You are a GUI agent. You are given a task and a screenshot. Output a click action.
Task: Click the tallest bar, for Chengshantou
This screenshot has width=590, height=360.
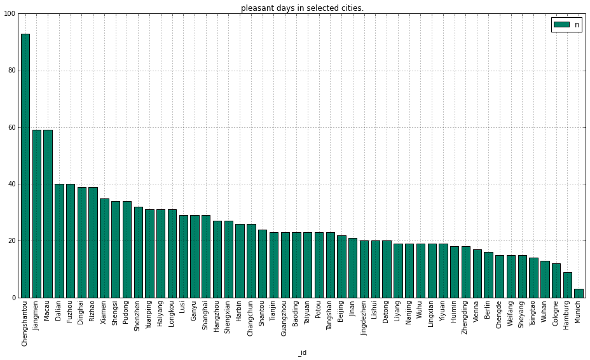point(25,166)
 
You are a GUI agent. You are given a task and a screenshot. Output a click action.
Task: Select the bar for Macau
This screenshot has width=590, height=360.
point(48,214)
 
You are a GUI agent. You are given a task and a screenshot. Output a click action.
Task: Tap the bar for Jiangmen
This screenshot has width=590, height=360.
point(36,214)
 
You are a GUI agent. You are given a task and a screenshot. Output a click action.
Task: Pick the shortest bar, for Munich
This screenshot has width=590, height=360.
point(579,293)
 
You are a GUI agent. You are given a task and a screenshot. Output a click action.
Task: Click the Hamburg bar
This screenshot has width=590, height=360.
point(567,285)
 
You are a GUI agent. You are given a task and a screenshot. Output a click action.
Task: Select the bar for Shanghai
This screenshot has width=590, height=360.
point(206,256)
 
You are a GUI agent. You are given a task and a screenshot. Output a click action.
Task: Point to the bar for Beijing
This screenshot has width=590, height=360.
point(341,267)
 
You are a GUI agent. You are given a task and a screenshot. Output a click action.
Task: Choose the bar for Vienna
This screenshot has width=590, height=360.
point(477,273)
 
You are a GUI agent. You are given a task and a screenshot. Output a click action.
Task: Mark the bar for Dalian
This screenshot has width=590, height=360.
point(59,240)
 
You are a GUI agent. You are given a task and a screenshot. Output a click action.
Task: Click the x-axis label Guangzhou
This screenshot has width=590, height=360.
point(284,318)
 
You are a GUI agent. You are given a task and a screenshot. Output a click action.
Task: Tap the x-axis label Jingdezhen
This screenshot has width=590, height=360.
point(363,318)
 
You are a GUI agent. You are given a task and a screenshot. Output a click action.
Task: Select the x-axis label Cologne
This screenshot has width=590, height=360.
point(556,313)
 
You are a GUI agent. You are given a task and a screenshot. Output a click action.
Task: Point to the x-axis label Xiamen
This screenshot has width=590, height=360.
point(104,312)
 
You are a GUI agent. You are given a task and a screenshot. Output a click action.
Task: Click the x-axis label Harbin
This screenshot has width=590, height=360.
point(239,311)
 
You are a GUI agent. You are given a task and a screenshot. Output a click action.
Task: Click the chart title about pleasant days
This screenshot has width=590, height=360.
point(302,8)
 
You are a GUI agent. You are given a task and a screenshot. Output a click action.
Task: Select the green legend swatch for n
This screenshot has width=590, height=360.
point(561,24)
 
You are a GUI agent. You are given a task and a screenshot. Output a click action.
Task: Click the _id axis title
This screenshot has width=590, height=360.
point(302,353)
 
